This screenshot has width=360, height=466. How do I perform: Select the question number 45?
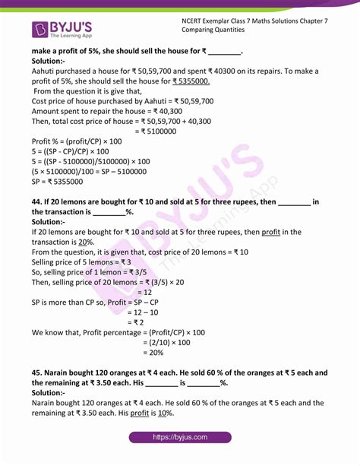coord(39,372)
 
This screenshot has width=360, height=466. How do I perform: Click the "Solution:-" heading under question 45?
coord(52,392)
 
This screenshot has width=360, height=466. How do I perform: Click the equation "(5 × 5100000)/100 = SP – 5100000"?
coord(96,172)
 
